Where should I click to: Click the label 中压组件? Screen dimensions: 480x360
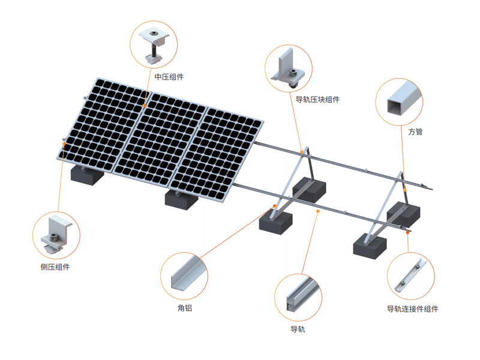coord(169,77)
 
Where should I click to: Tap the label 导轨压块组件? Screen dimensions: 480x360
coord(317,100)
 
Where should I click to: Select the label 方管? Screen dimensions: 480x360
coord(415,132)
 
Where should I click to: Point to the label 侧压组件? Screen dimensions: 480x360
coord(55,267)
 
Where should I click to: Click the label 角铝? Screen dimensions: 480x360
coord(185,308)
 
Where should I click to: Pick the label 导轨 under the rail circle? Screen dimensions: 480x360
coord(298,329)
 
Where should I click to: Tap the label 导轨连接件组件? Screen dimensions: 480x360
coord(413,309)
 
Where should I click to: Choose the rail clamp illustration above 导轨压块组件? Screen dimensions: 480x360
coord(290,69)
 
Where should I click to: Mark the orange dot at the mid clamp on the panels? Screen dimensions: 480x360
coord(144,106)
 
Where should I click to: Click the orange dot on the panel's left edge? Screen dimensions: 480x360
coord(64,143)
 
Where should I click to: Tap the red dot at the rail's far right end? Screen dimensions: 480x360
coord(408,233)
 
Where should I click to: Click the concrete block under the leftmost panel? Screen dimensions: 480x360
coord(87,175)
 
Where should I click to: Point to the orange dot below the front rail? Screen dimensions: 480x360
coord(318,211)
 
